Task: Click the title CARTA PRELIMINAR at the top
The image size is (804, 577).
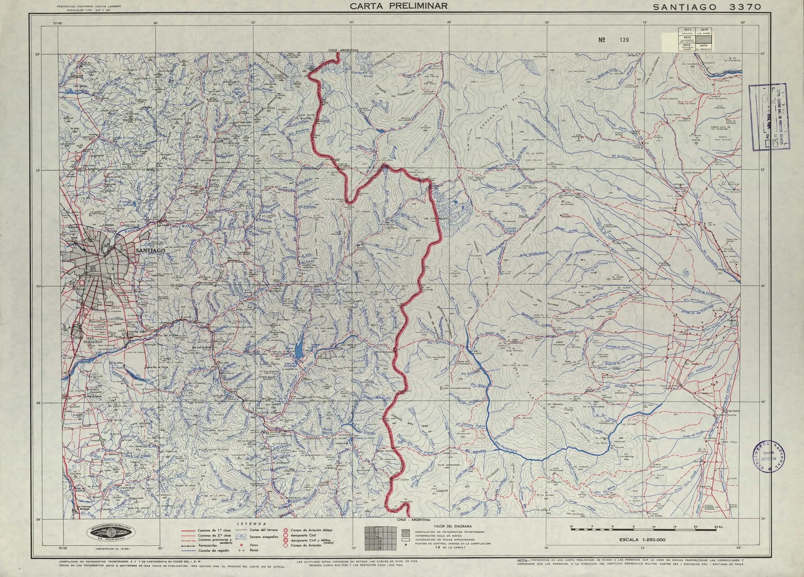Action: point(399,6)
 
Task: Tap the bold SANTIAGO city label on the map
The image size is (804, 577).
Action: point(150,250)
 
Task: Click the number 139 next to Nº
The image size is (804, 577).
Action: point(624,40)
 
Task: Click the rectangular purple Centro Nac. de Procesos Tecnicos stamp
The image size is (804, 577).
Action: point(766,117)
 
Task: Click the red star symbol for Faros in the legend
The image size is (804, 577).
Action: point(242,544)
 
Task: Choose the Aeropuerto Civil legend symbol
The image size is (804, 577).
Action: point(286,535)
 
